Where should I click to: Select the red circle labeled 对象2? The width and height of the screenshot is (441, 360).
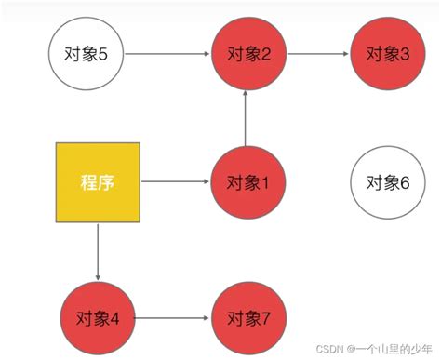click(x=247, y=54)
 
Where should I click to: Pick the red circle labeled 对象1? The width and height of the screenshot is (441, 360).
click(x=247, y=181)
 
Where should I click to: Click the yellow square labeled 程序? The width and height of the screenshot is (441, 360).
click(x=98, y=183)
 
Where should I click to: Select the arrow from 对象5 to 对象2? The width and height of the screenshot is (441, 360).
click(x=166, y=54)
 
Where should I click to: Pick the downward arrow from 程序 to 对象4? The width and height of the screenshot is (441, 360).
click(x=98, y=252)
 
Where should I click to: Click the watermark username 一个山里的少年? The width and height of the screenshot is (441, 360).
click(x=394, y=349)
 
